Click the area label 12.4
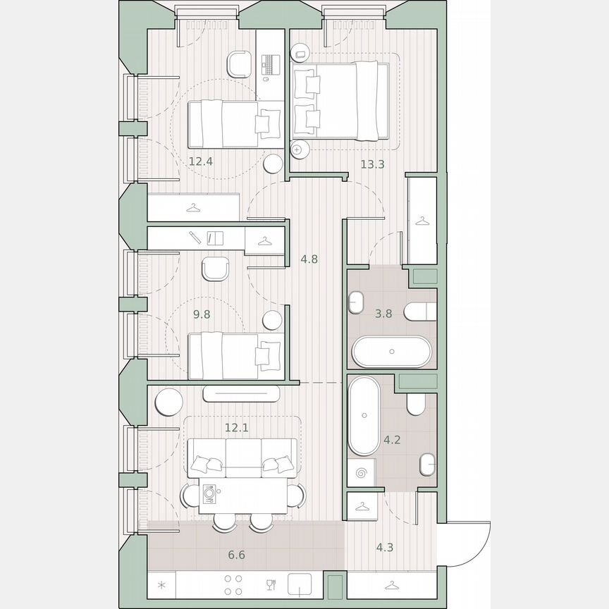click(x=200, y=161)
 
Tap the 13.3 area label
click(x=372, y=164)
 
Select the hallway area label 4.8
click(x=309, y=259)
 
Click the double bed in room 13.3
click(x=340, y=99)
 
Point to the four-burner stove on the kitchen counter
click(x=233, y=584)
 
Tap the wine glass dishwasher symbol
click(x=270, y=584)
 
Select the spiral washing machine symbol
click(x=362, y=474)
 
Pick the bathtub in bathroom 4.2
click(x=364, y=416)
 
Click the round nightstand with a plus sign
click(x=298, y=149)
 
